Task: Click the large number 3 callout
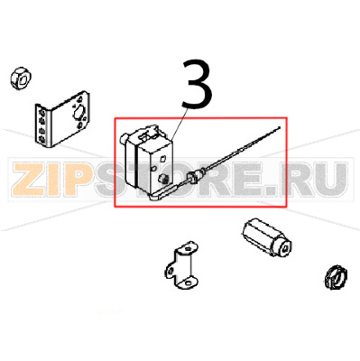pos(197,86)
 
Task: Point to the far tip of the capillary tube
pos(280,129)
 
